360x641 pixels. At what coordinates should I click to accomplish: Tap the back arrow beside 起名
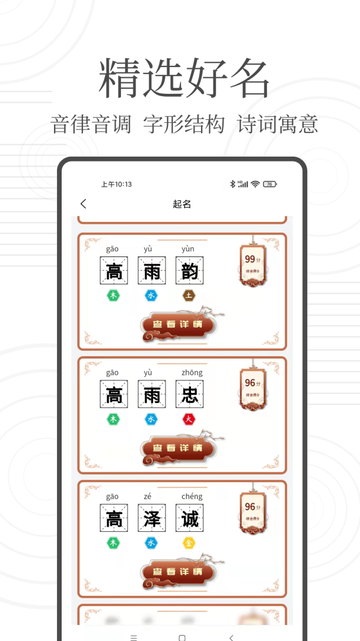pyautogui.click(x=83, y=204)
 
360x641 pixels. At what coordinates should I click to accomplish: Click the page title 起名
pyautogui.click(x=181, y=204)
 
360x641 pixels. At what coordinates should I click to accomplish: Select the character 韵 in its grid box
pyautogui.click(x=189, y=271)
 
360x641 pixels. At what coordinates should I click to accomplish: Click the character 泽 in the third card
pyautogui.click(x=152, y=518)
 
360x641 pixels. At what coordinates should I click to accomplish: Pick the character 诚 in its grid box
pyautogui.click(x=189, y=518)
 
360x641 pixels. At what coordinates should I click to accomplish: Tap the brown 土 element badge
pyautogui.click(x=189, y=296)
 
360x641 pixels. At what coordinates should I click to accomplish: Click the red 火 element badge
pyautogui.click(x=189, y=420)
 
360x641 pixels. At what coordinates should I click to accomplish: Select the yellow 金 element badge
pyautogui.click(x=189, y=543)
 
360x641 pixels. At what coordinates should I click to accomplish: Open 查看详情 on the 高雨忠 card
pyautogui.click(x=177, y=448)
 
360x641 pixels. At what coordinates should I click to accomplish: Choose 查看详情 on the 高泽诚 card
pyautogui.click(x=177, y=572)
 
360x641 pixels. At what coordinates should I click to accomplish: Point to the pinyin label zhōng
pyautogui.click(x=189, y=373)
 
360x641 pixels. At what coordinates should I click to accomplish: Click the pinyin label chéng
pyautogui.click(x=189, y=496)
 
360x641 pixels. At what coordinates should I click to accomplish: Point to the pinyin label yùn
pyautogui.click(x=189, y=249)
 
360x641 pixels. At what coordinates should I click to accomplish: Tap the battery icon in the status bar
pyautogui.click(x=270, y=185)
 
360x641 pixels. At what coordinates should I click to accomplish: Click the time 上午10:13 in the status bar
pyautogui.click(x=116, y=185)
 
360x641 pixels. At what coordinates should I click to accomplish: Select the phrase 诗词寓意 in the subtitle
pyautogui.click(x=278, y=125)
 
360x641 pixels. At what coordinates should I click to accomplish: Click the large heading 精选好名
pyautogui.click(x=184, y=78)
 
